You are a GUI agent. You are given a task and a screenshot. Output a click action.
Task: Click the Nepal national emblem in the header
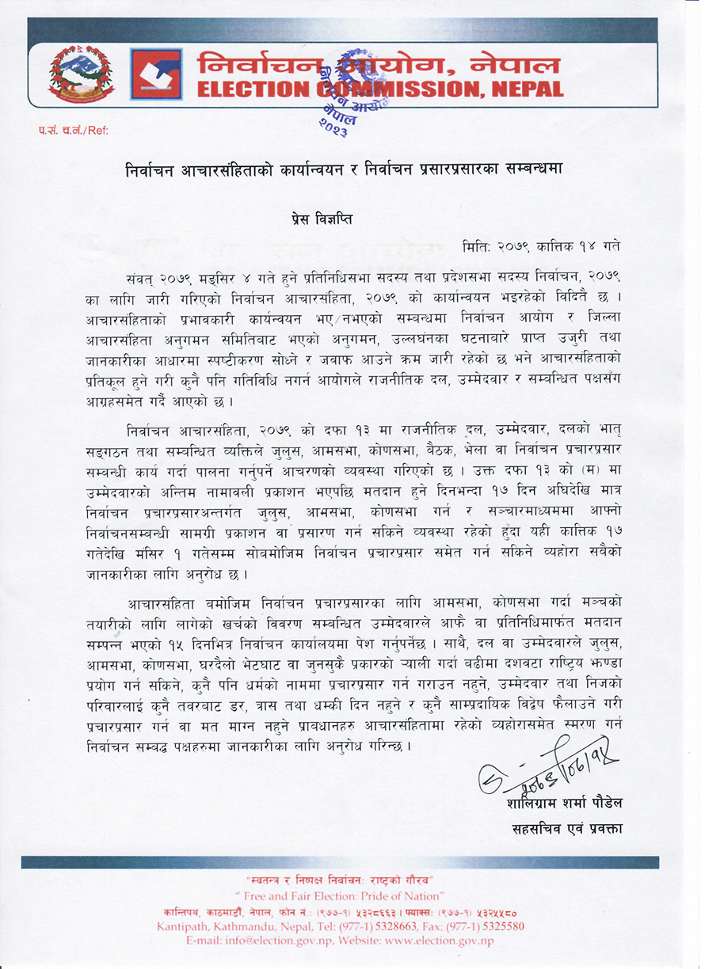(x=81, y=74)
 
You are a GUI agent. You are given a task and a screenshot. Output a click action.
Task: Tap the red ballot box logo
(x=156, y=74)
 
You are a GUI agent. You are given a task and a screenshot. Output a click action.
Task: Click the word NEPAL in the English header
(x=516, y=89)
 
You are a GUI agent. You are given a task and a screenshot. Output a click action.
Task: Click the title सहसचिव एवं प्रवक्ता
(x=568, y=828)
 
